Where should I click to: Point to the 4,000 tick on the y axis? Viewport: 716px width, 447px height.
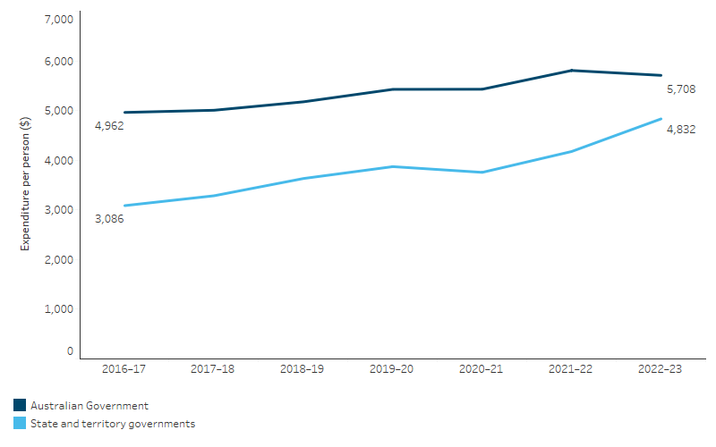[x=61, y=161]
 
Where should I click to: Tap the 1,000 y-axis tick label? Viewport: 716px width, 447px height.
[x=61, y=308]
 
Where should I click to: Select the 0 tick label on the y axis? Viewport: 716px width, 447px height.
[x=69, y=351]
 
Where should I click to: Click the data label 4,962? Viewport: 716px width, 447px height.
[x=108, y=126]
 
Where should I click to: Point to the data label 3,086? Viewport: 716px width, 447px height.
[x=108, y=219]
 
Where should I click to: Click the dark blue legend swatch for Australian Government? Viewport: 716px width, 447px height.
[x=20, y=406]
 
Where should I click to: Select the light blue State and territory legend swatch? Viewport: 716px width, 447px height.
[x=20, y=424]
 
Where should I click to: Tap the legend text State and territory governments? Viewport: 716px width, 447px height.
[x=112, y=424]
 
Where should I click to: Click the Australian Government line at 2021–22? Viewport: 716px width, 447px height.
[x=571, y=71]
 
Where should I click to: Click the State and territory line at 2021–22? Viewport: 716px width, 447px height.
[x=571, y=151]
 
